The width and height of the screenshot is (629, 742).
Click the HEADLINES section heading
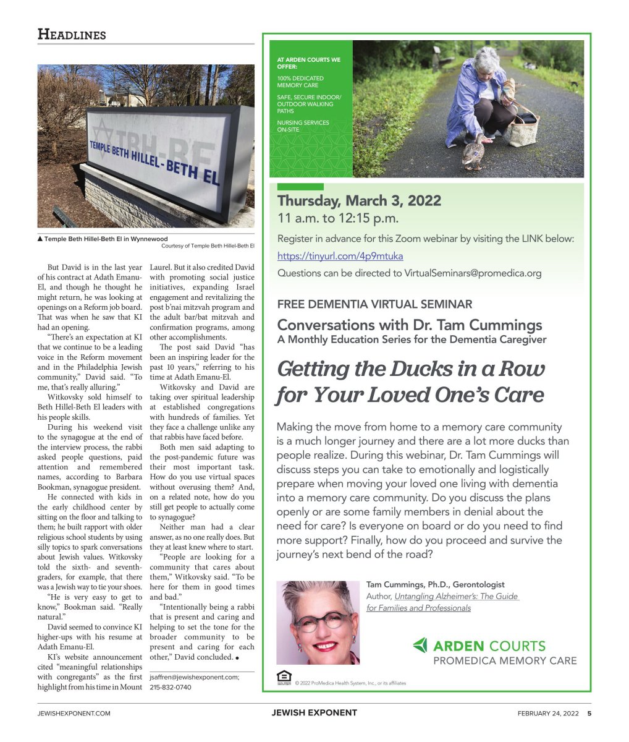(x=72, y=34)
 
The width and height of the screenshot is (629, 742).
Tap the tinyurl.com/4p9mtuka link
(x=340, y=255)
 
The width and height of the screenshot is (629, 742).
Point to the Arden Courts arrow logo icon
(x=420, y=646)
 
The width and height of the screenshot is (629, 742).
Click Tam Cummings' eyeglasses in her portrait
(x=321, y=621)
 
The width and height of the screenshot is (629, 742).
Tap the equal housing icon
(x=284, y=677)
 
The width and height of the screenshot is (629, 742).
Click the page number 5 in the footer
(x=589, y=713)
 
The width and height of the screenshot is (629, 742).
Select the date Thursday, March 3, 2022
(x=359, y=201)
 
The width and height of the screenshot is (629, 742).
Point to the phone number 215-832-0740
(x=171, y=687)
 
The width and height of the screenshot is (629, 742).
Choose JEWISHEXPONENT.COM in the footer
(x=74, y=713)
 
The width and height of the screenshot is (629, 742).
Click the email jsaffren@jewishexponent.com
(x=194, y=677)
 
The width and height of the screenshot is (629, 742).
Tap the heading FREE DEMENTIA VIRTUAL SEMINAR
(x=374, y=304)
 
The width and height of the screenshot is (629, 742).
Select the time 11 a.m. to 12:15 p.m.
(x=338, y=218)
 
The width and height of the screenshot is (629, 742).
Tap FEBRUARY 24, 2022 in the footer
(x=548, y=713)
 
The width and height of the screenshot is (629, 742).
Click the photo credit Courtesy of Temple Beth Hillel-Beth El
(x=208, y=246)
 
